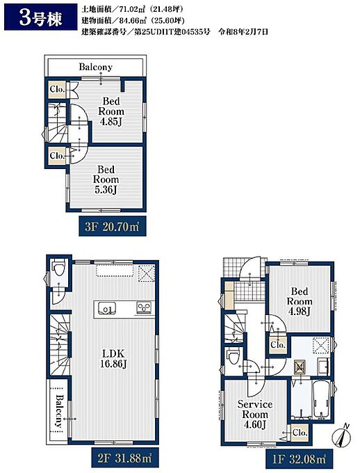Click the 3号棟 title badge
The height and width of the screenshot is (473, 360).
pyautogui.click(x=39, y=17)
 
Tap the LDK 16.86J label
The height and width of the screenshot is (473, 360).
pyautogui.click(x=113, y=359)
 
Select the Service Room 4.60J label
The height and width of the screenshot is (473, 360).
pyautogui.click(x=255, y=415)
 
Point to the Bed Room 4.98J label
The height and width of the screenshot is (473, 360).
pyautogui.click(x=300, y=301)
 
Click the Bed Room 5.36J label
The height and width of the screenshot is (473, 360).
pyautogui.click(x=106, y=179)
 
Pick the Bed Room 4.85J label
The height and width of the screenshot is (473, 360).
pyautogui.click(x=111, y=111)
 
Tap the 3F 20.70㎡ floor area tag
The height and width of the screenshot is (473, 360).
pyautogui.click(x=113, y=226)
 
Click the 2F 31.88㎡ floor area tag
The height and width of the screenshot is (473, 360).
pyautogui.click(x=125, y=458)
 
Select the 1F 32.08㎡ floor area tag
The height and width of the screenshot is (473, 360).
pyautogui.click(x=299, y=459)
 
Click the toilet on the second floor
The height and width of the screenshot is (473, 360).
pyautogui.click(x=58, y=268)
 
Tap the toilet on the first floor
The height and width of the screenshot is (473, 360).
pyautogui.click(x=234, y=356)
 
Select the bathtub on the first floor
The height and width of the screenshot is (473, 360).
pyautogui.click(x=321, y=400)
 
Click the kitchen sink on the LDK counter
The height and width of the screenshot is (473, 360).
pyautogui.click(x=106, y=309)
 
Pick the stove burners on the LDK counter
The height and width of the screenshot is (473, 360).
pyautogui.click(x=145, y=307)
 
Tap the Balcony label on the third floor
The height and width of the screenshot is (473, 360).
pyautogui.click(x=95, y=67)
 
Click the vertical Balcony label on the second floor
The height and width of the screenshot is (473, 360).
pyautogui.click(x=59, y=411)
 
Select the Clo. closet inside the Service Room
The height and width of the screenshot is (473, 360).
pyautogui.click(x=300, y=433)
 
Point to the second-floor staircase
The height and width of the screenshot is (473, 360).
pyautogui.click(x=60, y=344)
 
